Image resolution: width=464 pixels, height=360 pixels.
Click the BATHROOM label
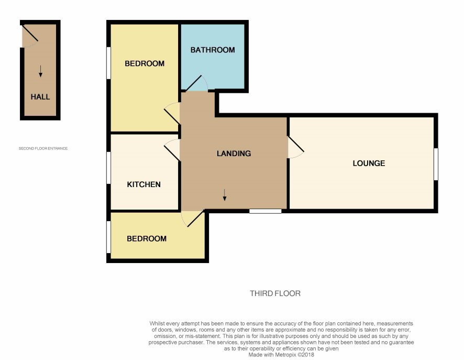pos(213,50)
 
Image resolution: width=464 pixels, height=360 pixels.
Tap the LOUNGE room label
pos(369,163)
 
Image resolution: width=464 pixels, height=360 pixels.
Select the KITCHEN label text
pos(144,184)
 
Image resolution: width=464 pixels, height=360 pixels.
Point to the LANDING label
pos(234,154)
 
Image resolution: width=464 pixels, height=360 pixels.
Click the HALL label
pos(40,97)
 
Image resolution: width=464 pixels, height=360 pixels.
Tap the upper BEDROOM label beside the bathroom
pos(145,63)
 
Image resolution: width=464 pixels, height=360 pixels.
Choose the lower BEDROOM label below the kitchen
pos(147,238)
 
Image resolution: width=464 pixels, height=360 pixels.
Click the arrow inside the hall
pos(40,71)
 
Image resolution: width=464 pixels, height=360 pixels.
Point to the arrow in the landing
pos(225,195)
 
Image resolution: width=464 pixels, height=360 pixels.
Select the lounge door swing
pos(296,147)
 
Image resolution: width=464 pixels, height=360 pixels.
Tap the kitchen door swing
pos(172,149)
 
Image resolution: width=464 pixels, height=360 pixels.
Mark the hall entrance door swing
pos(30,36)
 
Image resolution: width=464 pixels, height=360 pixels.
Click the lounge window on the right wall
pos(436,164)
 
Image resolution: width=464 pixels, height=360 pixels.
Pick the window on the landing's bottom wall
pos(266,211)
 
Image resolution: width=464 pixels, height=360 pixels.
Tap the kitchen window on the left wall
pos(108,168)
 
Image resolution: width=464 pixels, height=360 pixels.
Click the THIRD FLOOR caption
pos(275,293)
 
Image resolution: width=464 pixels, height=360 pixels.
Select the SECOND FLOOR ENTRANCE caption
pos(43,148)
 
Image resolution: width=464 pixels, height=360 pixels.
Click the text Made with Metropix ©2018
pos(281,355)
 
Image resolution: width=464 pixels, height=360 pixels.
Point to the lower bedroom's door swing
pos(193,219)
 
